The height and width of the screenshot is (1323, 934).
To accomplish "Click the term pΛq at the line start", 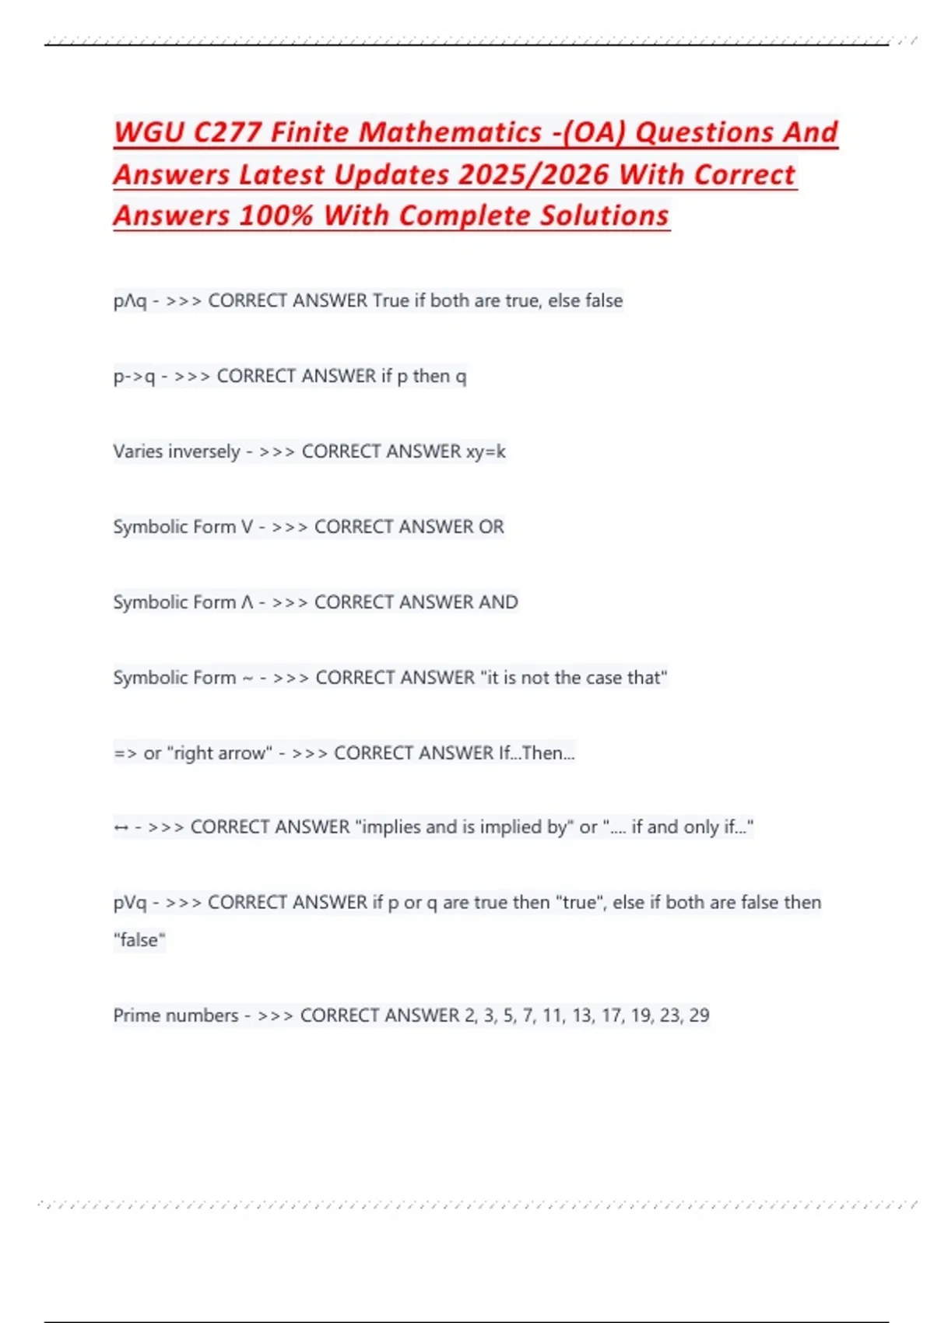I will [129, 301].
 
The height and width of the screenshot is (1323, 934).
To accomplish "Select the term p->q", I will [134, 377].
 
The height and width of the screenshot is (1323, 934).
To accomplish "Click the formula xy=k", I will [486, 451].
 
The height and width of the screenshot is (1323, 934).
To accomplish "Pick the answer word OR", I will [491, 527].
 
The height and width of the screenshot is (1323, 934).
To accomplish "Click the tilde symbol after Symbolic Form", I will [248, 679].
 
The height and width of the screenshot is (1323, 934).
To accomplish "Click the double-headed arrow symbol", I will [121, 828].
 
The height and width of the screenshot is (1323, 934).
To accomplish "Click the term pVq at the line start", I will [129, 903].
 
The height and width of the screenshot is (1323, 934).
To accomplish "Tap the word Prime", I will [138, 1016].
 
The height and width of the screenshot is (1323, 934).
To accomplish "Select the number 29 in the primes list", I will [699, 1016].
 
